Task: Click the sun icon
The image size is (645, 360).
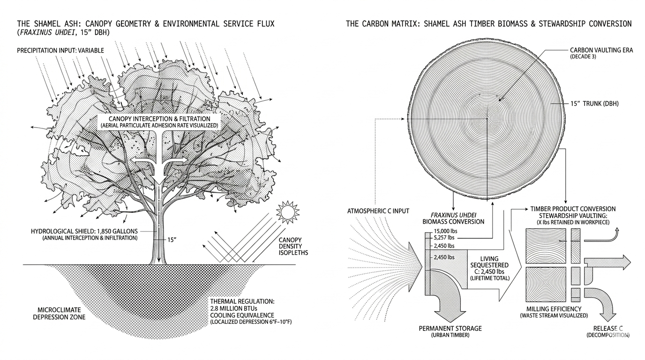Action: click(288, 212)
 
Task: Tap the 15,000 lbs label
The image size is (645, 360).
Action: click(445, 231)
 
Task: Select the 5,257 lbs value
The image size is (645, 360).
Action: click(444, 238)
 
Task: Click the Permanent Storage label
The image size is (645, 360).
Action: click(450, 328)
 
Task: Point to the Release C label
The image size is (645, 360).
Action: click(608, 328)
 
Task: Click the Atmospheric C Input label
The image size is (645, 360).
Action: click(378, 211)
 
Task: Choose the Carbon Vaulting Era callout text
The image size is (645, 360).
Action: click(601, 50)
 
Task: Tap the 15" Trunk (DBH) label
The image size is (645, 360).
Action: click(594, 104)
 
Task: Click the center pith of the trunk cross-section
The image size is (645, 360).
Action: click(487, 119)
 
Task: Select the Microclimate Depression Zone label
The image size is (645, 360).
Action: click(59, 314)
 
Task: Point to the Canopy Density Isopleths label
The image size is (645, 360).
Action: click(293, 247)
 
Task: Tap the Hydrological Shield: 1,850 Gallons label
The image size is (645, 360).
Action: click(84, 231)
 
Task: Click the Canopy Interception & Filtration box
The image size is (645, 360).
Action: click(159, 122)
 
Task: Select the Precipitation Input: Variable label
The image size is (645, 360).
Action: click(60, 51)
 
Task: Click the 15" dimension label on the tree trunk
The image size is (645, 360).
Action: click(172, 240)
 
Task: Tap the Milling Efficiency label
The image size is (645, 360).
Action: click(554, 309)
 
